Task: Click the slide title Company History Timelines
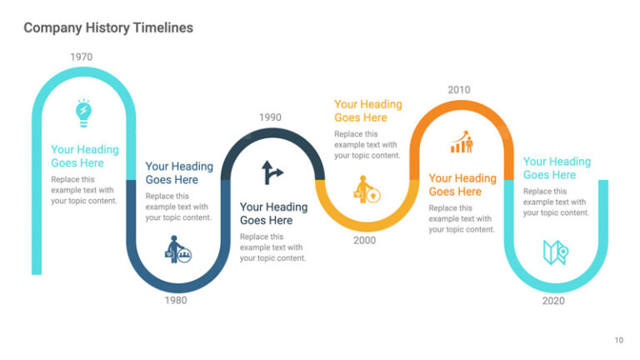[x=108, y=27]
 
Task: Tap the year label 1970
[x=82, y=57]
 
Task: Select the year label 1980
[x=176, y=300]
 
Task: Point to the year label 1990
[x=270, y=117]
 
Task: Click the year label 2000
[x=364, y=240]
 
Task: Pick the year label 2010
[x=459, y=90]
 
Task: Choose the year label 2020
[x=553, y=300]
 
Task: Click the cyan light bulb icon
[x=83, y=112]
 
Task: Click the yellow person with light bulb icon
[x=367, y=189]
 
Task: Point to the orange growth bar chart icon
[x=461, y=141]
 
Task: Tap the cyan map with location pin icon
[x=555, y=252]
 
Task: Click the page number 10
[x=618, y=339]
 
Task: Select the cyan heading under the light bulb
[x=85, y=157]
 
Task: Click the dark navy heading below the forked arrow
[x=273, y=213]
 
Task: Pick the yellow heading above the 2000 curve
[x=367, y=111]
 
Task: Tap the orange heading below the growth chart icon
[x=462, y=185]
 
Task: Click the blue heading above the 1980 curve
[x=179, y=173]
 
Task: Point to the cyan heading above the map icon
[x=557, y=168]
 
